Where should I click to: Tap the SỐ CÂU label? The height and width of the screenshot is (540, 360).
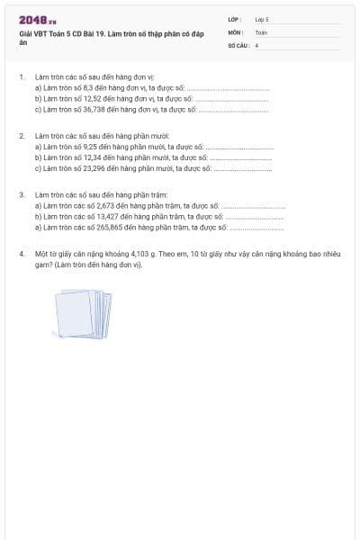point(237,44)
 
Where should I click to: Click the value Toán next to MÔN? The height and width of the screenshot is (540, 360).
point(261,31)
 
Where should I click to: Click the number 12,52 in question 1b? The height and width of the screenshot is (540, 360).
point(91,99)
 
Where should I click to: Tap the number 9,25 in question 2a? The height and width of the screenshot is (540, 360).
point(90,146)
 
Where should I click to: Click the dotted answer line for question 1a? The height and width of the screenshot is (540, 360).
point(229,89)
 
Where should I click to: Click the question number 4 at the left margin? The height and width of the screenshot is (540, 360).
point(20,255)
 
